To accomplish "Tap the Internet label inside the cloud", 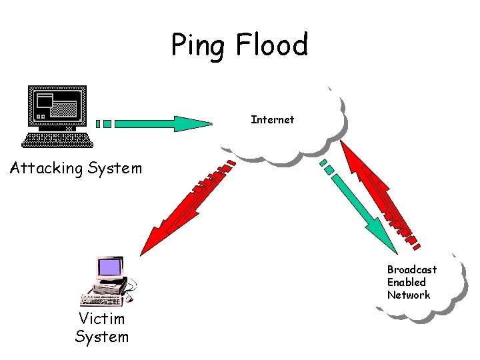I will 272,120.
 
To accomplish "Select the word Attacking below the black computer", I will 47,168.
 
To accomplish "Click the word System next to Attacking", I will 116,168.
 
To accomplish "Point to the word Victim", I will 102,319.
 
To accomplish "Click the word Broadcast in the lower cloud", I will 412,269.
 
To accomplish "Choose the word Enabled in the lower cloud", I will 407,282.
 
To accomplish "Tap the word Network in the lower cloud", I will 409,295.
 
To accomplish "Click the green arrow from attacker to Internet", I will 153,123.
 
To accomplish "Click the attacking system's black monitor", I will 58,106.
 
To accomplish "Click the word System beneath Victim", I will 102,337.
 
